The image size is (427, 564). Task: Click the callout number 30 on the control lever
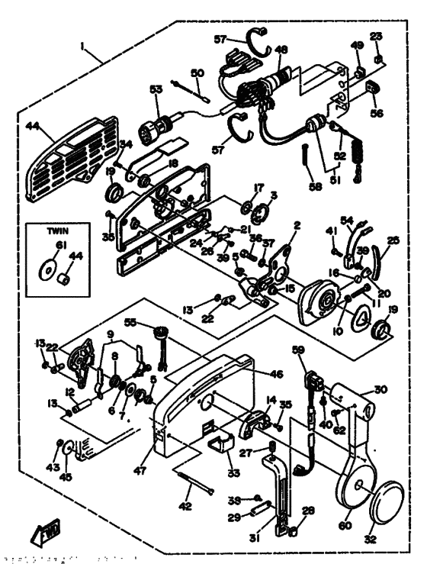click(x=380, y=389)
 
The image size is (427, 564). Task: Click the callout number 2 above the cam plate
click(x=297, y=226)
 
